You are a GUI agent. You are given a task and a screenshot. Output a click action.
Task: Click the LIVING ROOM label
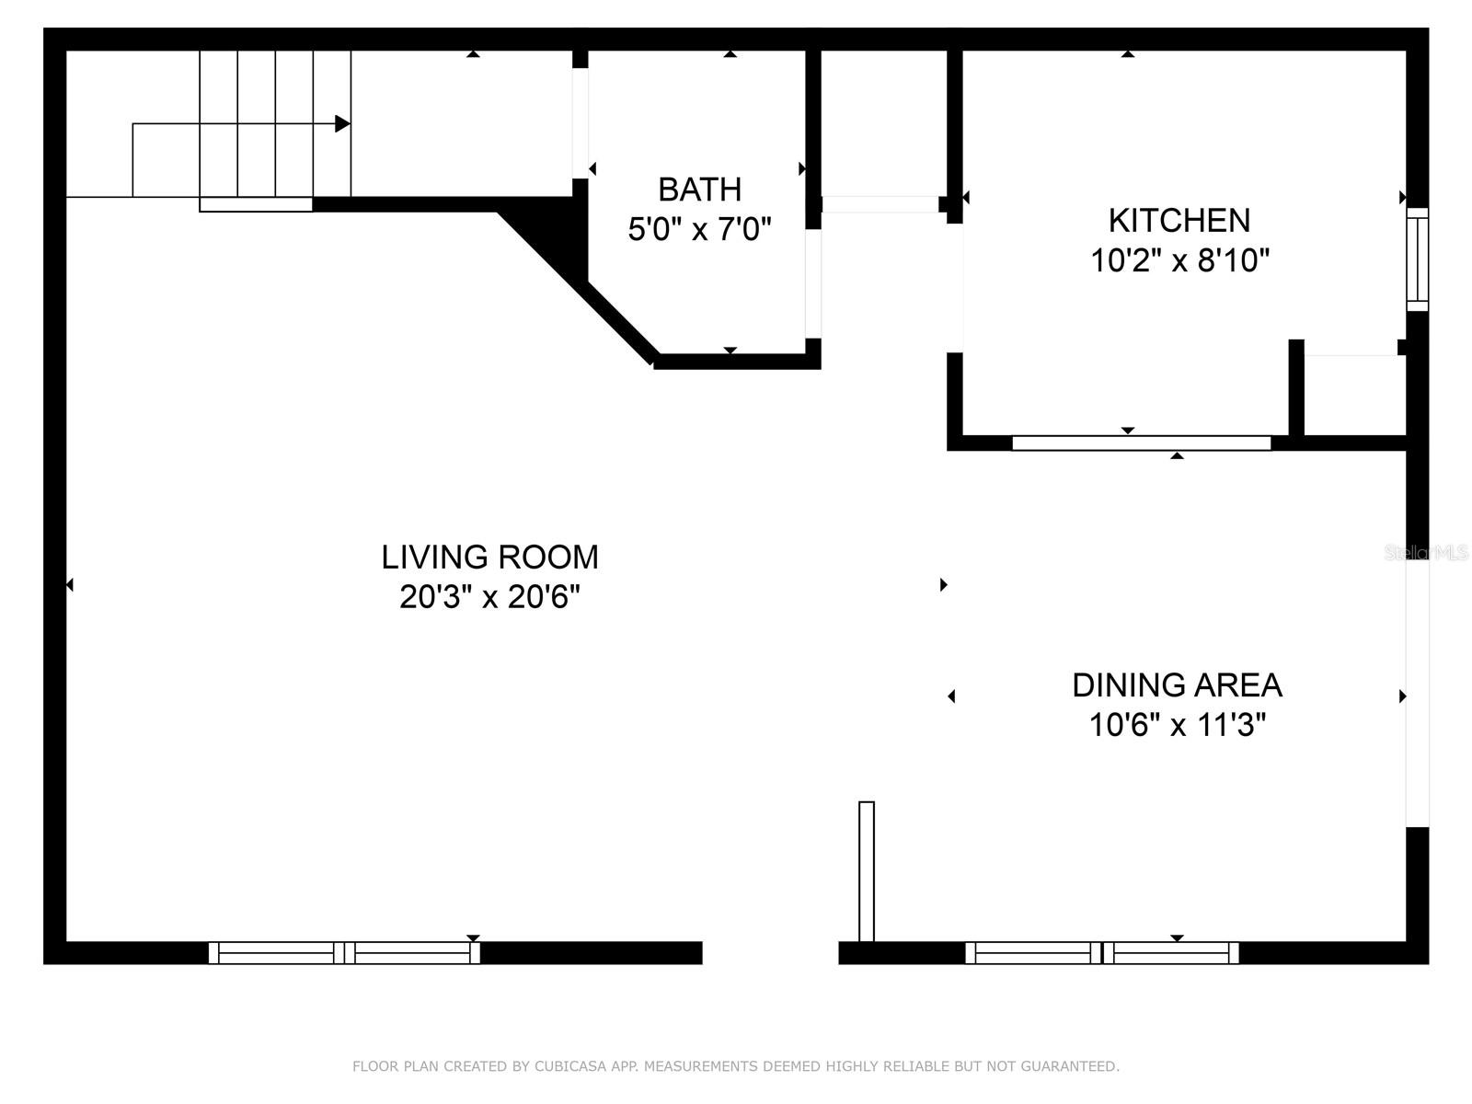pos(489,558)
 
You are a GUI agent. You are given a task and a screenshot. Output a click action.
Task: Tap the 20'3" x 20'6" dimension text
pos(489,597)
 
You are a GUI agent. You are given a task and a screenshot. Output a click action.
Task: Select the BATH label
pos(699,190)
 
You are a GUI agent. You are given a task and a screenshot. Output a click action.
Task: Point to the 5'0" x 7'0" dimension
pos(699,229)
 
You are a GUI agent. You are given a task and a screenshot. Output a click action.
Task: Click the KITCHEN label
pos(1179,221)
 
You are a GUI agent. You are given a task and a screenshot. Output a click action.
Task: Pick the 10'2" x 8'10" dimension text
pos(1179,261)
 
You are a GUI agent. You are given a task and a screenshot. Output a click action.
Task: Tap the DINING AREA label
pos(1177,685)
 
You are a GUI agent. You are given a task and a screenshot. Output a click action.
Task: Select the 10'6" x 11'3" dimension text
pos(1177,726)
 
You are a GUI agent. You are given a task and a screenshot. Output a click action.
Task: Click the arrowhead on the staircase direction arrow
pos(342,123)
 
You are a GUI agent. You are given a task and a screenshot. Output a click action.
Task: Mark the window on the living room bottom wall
pos(344,953)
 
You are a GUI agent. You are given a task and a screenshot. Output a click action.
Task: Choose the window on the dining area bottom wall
pos(1101,953)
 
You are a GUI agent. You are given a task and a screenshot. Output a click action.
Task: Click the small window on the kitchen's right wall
pos(1418,259)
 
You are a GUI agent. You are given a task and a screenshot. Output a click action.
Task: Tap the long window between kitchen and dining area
pos(1141,443)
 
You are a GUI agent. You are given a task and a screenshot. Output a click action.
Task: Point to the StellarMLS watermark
pos(1425,553)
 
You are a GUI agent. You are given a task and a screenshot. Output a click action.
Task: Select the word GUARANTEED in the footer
pos(1076,1066)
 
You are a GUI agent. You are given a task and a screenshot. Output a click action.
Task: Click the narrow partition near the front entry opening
pos(866,871)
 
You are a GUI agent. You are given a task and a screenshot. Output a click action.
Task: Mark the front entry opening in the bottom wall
pos(770,953)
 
